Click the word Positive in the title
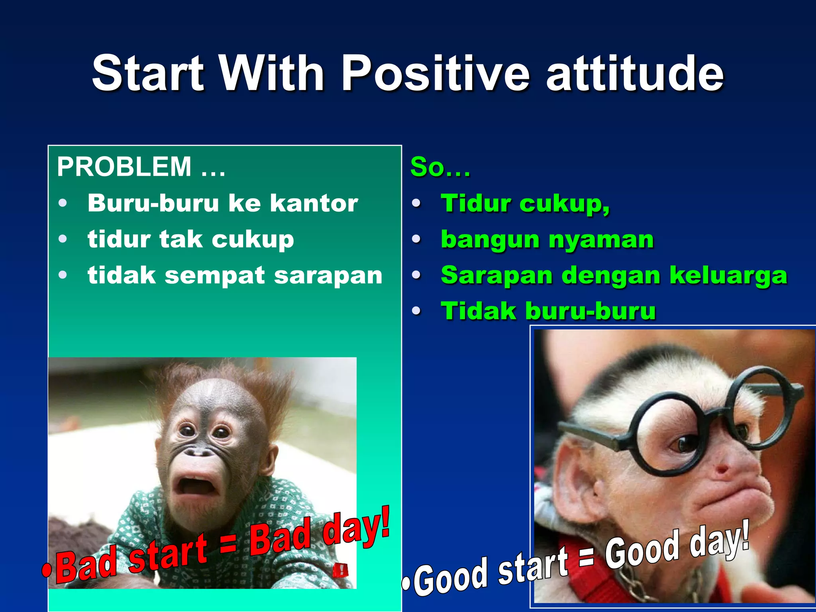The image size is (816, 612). click(x=435, y=74)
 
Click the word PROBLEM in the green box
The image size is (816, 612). click(x=124, y=167)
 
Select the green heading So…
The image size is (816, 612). click(x=440, y=167)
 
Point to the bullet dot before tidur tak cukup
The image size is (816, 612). click(x=63, y=239)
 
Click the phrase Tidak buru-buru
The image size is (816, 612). click(x=548, y=311)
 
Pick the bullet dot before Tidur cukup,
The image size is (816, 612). click(x=416, y=204)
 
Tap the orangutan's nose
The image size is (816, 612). click(x=200, y=452)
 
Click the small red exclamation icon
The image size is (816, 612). click(x=341, y=571)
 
